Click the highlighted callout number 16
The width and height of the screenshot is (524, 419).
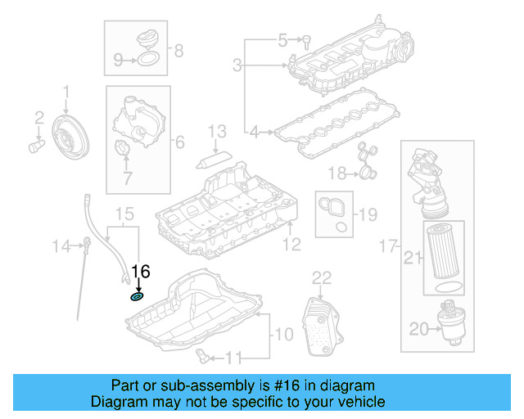pos(141,272)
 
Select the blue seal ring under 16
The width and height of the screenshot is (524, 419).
pos(138,296)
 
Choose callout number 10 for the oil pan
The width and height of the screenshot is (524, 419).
pos(282,333)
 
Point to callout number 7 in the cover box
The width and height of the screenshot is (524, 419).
pos(127,176)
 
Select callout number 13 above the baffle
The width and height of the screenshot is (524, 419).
pos(216,131)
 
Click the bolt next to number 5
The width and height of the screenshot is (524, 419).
pos(306,39)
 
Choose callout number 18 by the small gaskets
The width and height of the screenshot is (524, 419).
pos(337,173)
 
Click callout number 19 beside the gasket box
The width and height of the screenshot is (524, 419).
pos(368,215)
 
